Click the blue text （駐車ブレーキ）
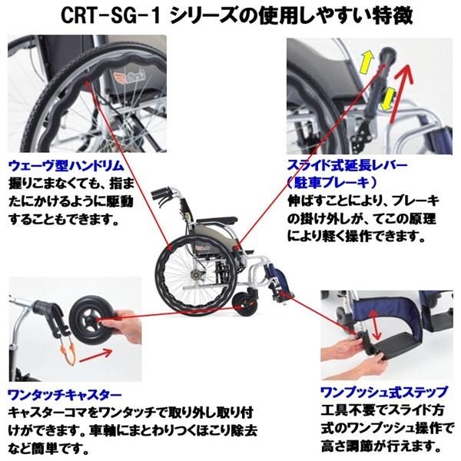click(330, 182)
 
